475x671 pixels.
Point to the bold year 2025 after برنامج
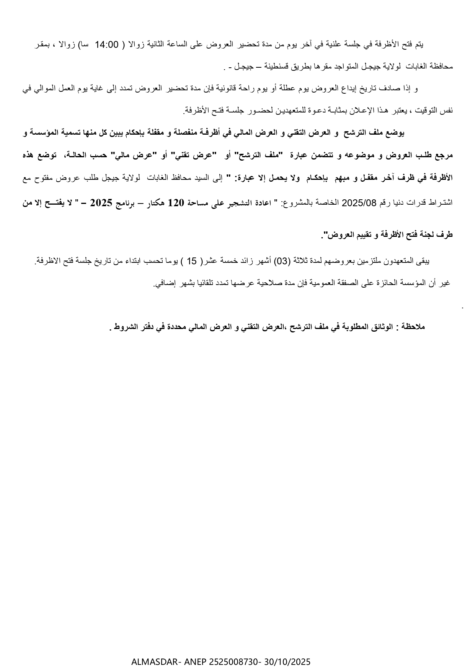point(103,203)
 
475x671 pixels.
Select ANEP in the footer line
point(195,662)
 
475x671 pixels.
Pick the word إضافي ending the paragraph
point(164,283)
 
